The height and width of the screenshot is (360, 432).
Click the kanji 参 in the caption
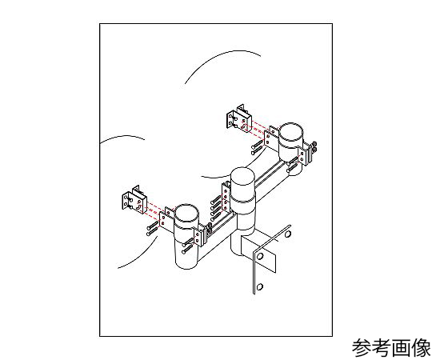[362, 348]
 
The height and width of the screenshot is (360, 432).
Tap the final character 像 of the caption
[421, 348]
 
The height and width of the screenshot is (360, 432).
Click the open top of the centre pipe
[242, 177]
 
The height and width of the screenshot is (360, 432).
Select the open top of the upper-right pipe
[291, 131]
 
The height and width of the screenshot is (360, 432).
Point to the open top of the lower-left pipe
[186, 213]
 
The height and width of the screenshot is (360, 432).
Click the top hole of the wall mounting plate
[287, 234]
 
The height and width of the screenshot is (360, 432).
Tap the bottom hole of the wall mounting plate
[259, 286]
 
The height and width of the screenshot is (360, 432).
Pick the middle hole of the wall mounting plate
[260, 257]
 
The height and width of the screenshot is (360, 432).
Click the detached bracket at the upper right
[238, 119]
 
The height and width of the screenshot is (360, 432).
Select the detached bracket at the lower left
[134, 200]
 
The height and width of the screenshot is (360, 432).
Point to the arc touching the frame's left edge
[122, 138]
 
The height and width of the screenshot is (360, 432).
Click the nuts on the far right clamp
[314, 146]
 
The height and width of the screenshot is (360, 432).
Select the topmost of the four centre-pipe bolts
[216, 200]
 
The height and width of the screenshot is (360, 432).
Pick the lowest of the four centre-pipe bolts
[216, 217]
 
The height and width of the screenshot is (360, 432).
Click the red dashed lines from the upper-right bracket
[256, 126]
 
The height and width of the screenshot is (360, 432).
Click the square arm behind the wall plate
[255, 245]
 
